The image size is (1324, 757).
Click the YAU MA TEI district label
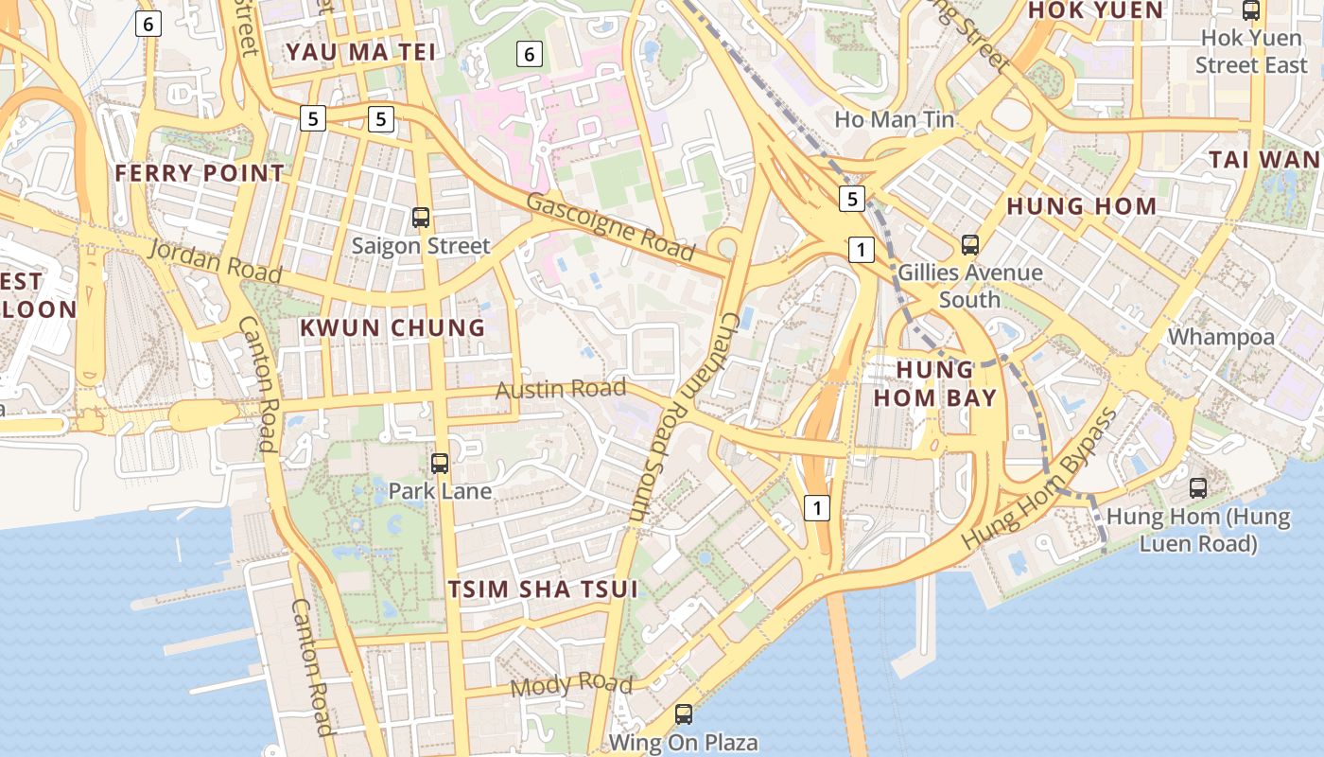[361, 52]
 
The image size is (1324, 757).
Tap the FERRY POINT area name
[199, 173]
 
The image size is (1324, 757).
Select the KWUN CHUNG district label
[392, 328]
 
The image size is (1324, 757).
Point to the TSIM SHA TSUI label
[542, 590]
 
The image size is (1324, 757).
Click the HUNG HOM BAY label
[934, 383]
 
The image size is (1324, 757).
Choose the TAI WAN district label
[1265, 160]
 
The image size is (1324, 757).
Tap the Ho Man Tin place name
[894, 120]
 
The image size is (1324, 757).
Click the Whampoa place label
[1221, 337]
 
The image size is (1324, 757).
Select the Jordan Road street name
[216, 262]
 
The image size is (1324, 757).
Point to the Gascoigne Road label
[610, 227]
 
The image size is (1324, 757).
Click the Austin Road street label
[561, 389]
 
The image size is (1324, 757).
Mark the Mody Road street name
[571, 684]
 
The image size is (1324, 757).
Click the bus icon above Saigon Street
[421, 218]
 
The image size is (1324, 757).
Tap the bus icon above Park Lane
[440, 464]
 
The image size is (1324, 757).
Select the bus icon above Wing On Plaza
[684, 714]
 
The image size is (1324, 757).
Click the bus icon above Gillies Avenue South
[969, 245]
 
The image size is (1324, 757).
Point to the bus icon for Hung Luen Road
[1198, 488]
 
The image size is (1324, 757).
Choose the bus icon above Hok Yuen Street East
[1250, 11]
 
